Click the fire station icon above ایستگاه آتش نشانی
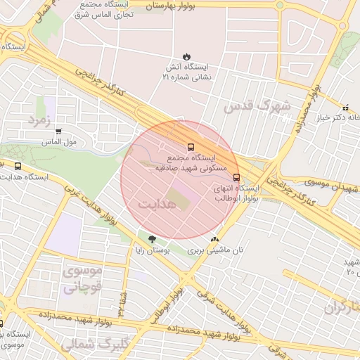(x=186, y=56)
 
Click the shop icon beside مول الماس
(x=58, y=131)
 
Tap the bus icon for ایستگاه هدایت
(x=18, y=167)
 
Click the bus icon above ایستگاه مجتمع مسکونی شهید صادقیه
(x=191, y=148)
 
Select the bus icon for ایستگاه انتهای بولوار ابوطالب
(x=236, y=177)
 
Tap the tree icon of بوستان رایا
(x=153, y=240)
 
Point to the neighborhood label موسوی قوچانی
(x=82, y=278)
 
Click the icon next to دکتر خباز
(x=346, y=108)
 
